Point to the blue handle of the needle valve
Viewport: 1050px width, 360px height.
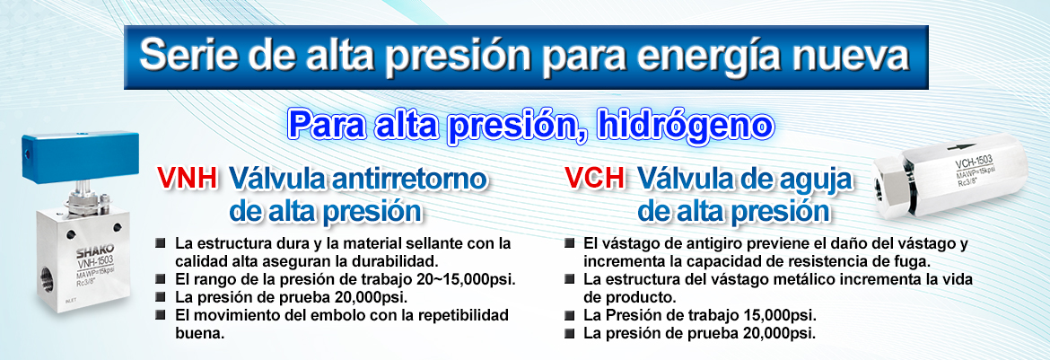(81, 156)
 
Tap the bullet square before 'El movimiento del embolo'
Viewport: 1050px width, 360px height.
(160, 313)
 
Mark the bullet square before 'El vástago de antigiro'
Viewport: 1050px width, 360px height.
(569, 242)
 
